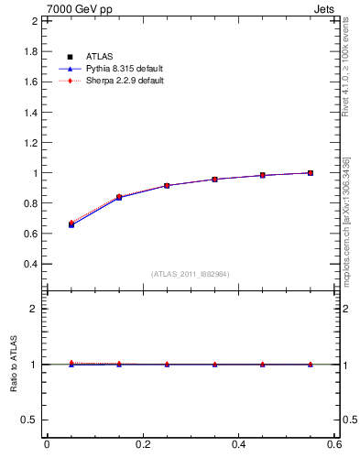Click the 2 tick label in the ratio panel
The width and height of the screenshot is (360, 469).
point(34,309)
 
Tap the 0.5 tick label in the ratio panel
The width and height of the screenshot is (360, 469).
point(30,420)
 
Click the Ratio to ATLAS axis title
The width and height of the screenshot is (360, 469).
point(14,365)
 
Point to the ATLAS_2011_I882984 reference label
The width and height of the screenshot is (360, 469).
point(191,274)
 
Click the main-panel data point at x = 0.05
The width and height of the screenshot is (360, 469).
point(71,224)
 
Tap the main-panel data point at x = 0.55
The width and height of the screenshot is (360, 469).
point(311,172)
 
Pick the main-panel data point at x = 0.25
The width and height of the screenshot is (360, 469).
point(167,185)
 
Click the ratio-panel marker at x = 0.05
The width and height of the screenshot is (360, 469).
point(71,364)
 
